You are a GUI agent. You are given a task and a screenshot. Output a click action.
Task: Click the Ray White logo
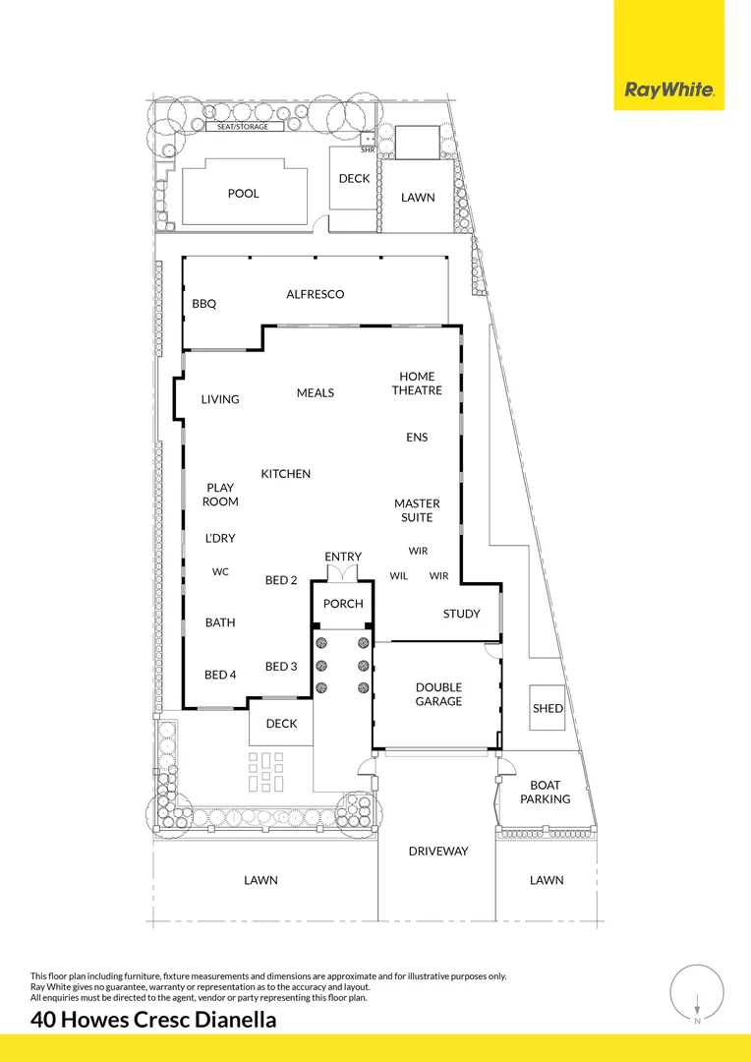(668, 91)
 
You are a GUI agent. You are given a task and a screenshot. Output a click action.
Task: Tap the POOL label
(244, 194)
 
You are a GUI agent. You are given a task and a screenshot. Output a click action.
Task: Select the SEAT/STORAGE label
(243, 127)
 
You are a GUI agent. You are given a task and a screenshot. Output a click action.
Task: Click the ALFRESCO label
(316, 294)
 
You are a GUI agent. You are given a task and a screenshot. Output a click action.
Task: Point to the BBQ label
(203, 305)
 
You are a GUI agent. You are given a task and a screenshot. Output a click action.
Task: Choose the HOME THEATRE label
(417, 383)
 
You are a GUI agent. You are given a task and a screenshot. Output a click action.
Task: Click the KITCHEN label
(286, 474)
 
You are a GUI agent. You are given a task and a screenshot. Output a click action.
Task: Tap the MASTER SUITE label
(417, 510)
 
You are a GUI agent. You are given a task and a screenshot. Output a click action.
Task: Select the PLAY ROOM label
(220, 495)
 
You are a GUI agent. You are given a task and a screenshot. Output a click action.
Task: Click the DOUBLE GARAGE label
(438, 694)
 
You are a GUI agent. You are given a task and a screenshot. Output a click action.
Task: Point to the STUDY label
(461, 614)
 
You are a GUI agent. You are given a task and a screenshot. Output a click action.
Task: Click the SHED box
(548, 708)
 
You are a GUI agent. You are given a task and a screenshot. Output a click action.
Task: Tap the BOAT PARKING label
(545, 792)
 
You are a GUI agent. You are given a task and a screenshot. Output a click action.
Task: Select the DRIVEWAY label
(438, 852)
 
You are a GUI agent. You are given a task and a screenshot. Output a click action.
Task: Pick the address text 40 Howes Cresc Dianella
(153, 1020)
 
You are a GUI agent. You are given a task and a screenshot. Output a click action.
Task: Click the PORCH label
(343, 604)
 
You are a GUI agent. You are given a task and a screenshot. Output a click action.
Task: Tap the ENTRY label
(343, 558)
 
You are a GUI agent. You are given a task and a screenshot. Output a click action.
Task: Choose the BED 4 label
(220, 675)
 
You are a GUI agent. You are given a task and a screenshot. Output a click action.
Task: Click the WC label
(220, 571)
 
